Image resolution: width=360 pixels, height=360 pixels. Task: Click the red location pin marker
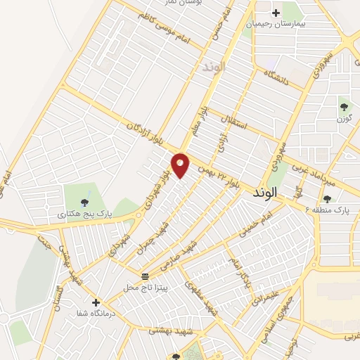181,165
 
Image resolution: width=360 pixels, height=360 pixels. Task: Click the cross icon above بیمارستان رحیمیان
276,12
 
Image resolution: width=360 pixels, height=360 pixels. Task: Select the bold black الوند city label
263,191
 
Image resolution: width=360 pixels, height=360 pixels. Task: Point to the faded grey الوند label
212,67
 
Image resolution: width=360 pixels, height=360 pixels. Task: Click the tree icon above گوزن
344,107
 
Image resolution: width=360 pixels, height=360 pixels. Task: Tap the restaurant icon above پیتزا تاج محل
146,275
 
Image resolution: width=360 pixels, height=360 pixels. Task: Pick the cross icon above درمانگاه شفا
96,302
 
